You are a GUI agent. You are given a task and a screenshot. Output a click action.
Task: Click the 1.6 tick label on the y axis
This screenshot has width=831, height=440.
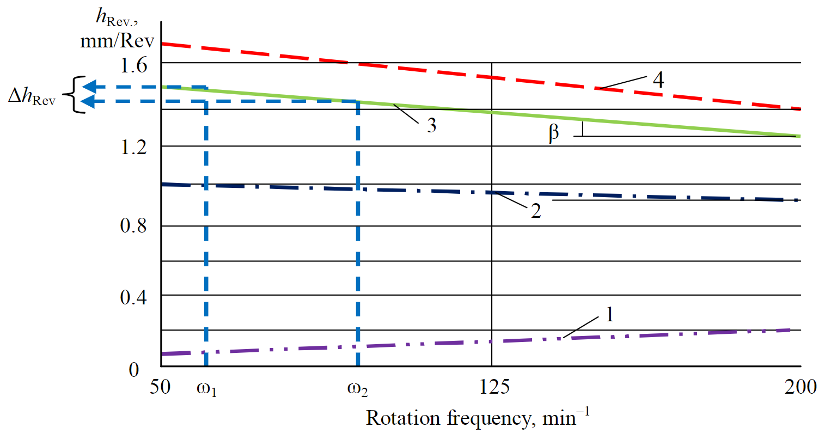(x=134, y=65)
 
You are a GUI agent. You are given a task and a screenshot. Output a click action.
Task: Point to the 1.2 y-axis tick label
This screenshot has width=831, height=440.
(x=134, y=147)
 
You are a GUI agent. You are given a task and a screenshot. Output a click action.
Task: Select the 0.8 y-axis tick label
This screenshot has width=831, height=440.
(x=134, y=225)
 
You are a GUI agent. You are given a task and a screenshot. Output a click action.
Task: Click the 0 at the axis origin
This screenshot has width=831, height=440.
(x=134, y=370)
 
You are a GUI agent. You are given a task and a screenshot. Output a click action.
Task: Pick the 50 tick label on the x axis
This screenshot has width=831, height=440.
(x=160, y=387)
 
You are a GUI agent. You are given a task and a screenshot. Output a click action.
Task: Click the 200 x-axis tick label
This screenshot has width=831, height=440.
(x=801, y=387)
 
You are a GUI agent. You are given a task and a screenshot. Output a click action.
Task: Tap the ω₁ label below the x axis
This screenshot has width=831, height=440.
(x=206, y=389)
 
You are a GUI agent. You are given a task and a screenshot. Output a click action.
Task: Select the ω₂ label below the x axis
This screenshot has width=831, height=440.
(x=358, y=389)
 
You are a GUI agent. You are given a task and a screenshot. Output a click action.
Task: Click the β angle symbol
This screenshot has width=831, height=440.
(x=554, y=133)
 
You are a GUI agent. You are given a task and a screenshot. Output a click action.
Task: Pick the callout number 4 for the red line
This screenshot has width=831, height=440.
(x=658, y=80)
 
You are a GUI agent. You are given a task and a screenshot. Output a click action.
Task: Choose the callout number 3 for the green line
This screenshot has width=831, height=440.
(x=431, y=125)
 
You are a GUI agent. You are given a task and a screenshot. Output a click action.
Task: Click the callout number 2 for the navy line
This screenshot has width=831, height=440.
(x=536, y=211)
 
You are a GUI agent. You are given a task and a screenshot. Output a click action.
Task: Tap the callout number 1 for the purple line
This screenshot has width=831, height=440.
(x=609, y=314)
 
